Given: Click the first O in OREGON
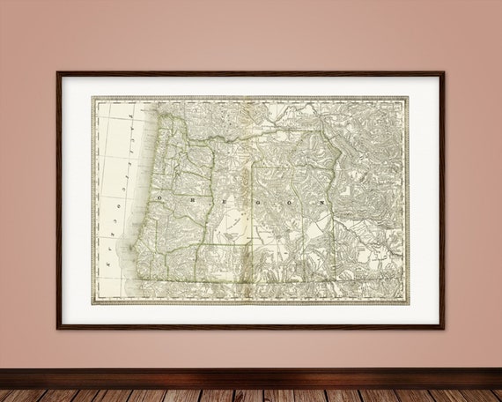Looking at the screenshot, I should click(159, 200).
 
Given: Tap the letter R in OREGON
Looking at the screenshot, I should click(191, 200).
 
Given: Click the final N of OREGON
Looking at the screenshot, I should click(323, 200).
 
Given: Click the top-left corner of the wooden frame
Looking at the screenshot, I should click(57, 72).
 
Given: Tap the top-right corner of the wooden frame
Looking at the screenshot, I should click(444, 72).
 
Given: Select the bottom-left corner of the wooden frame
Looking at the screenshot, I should click(57, 329).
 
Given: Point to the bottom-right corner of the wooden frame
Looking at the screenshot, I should click(444, 329).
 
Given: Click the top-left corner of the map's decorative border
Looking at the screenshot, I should click(92, 97).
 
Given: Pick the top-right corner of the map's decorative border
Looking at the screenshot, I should click(409, 97).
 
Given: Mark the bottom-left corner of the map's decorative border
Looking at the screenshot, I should click(92, 304).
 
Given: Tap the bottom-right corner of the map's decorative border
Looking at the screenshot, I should click(409, 304).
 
